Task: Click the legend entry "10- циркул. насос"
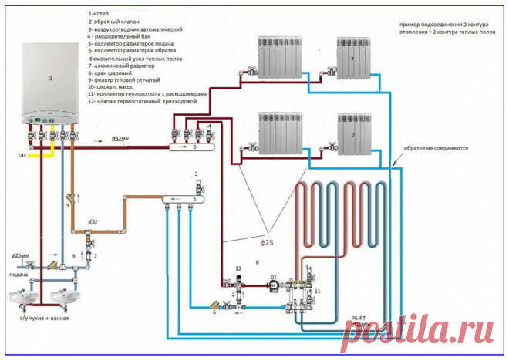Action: [x=116, y=86]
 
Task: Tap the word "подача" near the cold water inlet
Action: [x=19, y=275]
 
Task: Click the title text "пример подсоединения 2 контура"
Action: [x=439, y=24]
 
